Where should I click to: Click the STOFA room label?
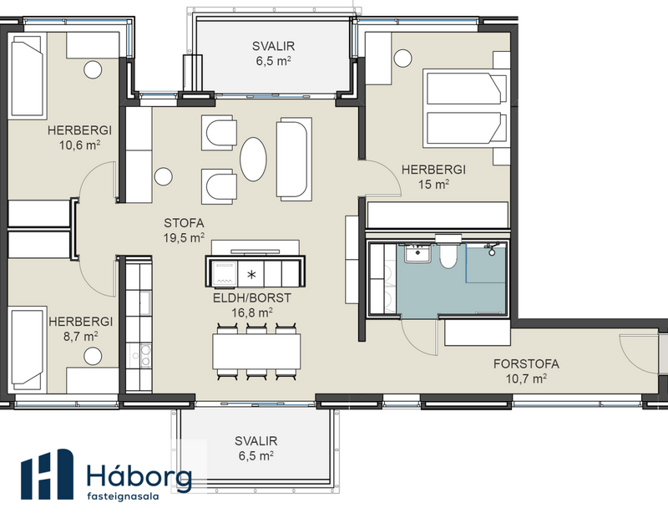184,223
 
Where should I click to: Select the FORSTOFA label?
526,363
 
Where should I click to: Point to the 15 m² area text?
435,184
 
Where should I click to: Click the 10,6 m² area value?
80,145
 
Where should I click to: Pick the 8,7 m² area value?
80,335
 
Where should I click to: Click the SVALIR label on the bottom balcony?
256,440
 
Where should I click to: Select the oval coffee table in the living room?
256,157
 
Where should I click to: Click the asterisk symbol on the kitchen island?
251,273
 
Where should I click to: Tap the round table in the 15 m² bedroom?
402,58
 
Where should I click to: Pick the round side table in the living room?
164,176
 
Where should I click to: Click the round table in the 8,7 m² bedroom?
89,358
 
